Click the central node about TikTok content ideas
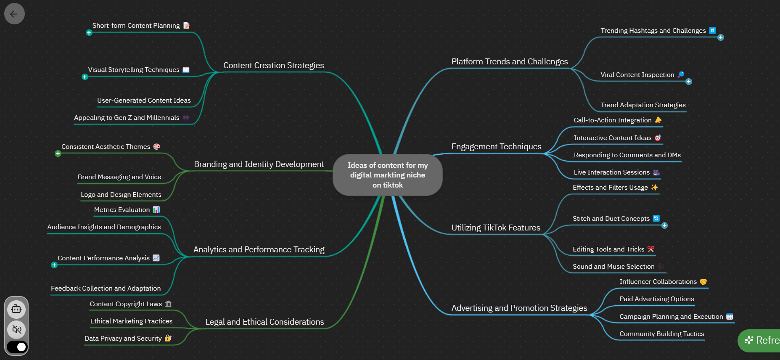(387, 175)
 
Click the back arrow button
(14, 14)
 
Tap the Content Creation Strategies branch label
(273, 66)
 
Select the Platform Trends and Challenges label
(509, 62)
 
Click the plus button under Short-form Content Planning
(89, 33)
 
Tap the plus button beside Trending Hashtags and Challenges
(721, 37)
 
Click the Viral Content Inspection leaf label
(637, 75)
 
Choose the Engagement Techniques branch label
(496, 147)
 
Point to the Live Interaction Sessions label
(611, 172)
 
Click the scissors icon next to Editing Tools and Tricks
(651, 249)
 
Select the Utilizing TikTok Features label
(496, 228)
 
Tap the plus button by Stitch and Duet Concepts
(664, 226)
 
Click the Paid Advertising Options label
(656, 299)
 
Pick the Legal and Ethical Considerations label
(264, 322)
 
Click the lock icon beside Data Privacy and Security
(168, 338)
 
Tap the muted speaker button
(17, 329)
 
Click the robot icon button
(17, 310)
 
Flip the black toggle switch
(17, 347)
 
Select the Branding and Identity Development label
(259, 164)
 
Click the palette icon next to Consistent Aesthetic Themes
(157, 146)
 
